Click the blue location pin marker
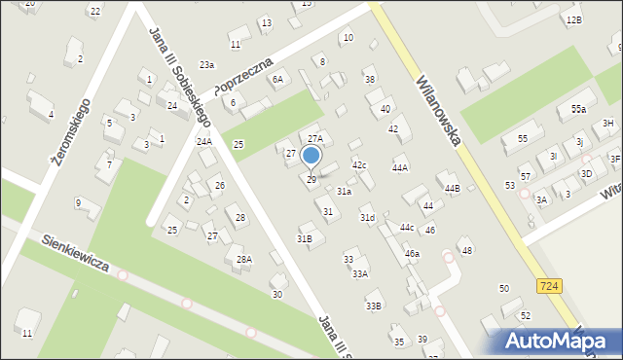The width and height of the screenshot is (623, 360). point(311,157)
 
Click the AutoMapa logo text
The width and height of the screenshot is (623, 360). point(558,341)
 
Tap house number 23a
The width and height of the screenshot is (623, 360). point(206,65)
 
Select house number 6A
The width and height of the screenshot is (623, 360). point(277,80)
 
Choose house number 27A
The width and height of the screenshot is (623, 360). point(314,140)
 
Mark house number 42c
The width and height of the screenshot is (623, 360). point(359,165)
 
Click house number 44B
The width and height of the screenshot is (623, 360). point(452,188)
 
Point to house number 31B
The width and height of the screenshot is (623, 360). point(305,238)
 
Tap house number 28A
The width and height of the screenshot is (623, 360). point(244,259)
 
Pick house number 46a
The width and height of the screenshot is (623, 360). point(412,253)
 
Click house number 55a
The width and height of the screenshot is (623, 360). point(578,110)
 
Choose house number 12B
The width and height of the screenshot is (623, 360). point(573,19)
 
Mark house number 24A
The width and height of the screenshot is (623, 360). point(204,142)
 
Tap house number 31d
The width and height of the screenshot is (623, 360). point(367,218)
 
